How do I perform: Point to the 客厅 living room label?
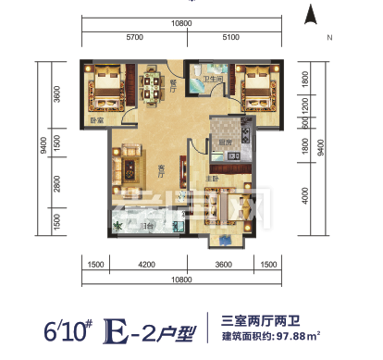click(162, 168)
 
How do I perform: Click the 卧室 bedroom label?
click(97, 120)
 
